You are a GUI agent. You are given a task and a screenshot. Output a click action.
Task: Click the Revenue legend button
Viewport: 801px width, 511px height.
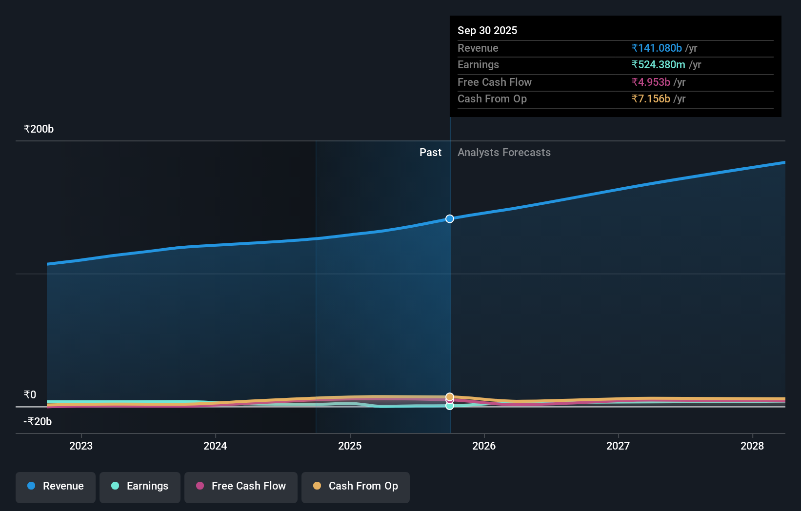click(x=56, y=487)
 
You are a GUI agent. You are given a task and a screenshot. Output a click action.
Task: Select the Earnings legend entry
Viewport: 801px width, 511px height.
click(x=140, y=487)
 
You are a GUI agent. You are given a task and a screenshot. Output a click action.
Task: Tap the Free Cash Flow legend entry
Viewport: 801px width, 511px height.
click(x=241, y=487)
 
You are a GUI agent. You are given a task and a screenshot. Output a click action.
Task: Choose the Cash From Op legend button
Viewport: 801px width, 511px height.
click(x=356, y=487)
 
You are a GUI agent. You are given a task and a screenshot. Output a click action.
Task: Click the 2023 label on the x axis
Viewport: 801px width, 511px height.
click(x=81, y=446)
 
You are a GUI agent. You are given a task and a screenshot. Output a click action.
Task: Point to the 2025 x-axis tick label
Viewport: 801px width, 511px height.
click(x=350, y=446)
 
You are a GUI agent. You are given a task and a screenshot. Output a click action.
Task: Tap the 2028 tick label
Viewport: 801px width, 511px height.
click(x=752, y=446)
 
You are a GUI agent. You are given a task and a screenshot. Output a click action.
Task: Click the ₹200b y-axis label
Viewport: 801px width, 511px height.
click(x=39, y=129)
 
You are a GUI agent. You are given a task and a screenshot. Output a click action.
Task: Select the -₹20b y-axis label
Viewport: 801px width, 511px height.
click(x=38, y=422)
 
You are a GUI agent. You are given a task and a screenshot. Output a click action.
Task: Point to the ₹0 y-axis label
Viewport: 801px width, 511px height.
click(x=30, y=395)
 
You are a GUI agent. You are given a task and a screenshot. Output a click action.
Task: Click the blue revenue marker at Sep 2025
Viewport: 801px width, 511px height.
click(x=450, y=219)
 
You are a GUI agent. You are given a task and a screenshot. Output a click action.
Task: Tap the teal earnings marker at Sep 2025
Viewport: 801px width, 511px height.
click(x=450, y=406)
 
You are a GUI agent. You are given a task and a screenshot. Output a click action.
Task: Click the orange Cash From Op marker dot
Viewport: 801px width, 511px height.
click(x=450, y=397)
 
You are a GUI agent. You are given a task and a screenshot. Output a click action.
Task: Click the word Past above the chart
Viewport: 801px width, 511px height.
click(x=430, y=153)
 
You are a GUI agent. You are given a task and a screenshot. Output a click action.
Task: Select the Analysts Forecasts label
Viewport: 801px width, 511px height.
click(x=504, y=153)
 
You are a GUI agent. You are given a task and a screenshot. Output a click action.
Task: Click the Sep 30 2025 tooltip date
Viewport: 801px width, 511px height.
click(x=487, y=31)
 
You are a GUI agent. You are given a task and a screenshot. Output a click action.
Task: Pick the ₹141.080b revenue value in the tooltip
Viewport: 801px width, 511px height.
click(x=657, y=48)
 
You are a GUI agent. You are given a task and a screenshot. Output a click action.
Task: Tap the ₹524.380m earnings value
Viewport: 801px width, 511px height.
click(x=658, y=65)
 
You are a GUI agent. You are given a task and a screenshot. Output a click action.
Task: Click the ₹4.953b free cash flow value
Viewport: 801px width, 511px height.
click(x=651, y=82)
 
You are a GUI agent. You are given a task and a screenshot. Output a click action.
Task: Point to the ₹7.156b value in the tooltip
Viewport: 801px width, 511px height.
click(x=651, y=99)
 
